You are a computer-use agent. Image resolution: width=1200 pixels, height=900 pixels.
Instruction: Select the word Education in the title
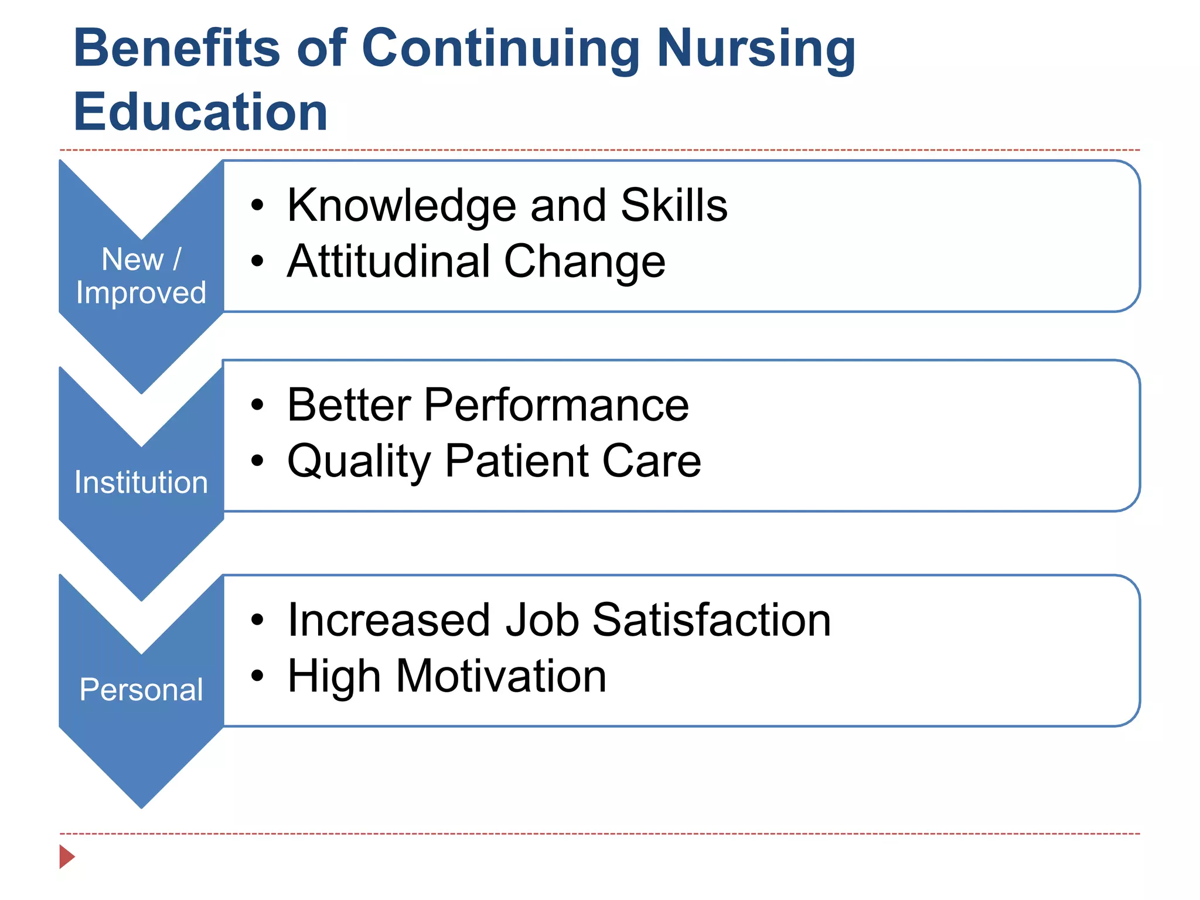coord(200,112)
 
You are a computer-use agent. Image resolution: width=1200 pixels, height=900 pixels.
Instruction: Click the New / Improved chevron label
coord(141,275)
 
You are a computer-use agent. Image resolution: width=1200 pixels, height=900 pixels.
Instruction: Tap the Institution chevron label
coord(141,482)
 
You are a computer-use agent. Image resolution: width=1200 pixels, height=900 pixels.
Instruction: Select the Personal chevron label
coord(141,690)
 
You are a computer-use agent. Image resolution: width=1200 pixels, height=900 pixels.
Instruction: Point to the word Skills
coord(674,205)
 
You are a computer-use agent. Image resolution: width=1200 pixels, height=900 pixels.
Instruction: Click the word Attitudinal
coord(388,261)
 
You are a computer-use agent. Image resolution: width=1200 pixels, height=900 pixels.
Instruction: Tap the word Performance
coord(556,405)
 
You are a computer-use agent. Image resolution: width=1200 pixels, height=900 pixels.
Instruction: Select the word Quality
coord(359,462)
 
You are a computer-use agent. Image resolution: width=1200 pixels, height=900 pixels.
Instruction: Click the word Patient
coord(516,461)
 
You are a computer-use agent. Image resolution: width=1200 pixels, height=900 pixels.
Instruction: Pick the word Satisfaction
coord(711,620)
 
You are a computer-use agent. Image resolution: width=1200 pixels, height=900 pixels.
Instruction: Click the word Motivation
coord(501,676)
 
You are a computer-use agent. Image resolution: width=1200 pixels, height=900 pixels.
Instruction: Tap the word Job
coord(542,620)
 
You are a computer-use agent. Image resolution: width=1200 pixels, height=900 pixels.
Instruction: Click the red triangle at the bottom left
coord(66,857)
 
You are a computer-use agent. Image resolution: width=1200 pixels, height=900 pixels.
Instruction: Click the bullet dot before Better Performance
coord(257,405)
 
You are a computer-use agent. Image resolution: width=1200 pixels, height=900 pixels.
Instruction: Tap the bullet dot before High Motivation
coord(257,676)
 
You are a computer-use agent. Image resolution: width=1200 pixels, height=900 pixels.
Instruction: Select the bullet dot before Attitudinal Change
coord(257,261)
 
